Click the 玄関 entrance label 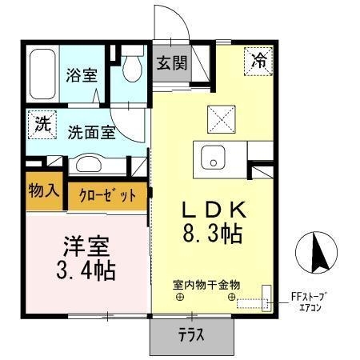(172, 63)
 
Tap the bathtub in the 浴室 (42, 74)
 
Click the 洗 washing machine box (42, 125)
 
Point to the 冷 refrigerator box (258, 62)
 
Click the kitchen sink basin (213, 158)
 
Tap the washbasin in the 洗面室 (89, 164)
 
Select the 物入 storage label (44, 190)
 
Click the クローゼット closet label (107, 196)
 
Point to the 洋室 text (86, 246)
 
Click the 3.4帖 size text (86, 270)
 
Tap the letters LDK (214, 210)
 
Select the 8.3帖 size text (213, 234)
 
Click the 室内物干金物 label (206, 285)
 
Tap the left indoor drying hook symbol (180, 297)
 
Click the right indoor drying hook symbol (231, 297)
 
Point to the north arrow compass (316, 253)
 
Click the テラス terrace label (191, 334)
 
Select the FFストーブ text (309, 297)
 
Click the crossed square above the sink (222, 119)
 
